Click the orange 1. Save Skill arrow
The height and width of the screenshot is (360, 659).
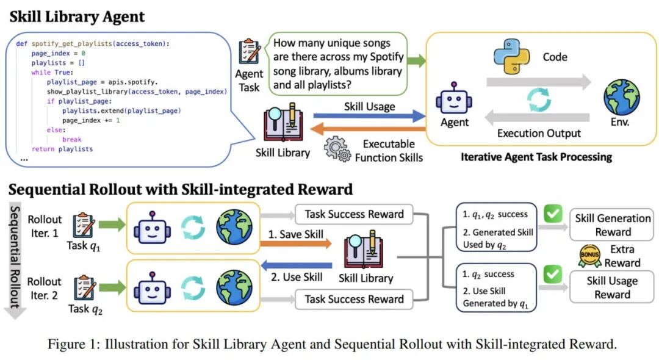click(x=296, y=243)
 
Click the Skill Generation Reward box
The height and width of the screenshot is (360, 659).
click(x=613, y=225)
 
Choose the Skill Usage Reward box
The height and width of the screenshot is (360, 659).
click(x=612, y=287)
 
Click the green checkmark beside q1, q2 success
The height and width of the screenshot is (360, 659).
click(x=553, y=215)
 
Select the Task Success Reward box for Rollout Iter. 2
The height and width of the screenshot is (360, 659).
click(x=354, y=299)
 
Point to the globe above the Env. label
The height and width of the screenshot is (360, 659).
click(x=621, y=98)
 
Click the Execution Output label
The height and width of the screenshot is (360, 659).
click(x=538, y=133)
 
